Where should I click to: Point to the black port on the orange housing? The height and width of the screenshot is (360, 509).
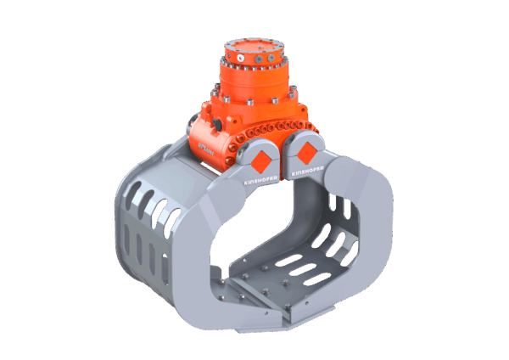pos(218,126)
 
